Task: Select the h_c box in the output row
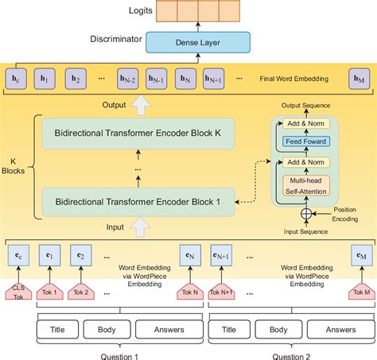[17, 79]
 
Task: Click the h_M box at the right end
[360, 79]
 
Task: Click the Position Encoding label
[345, 215]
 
